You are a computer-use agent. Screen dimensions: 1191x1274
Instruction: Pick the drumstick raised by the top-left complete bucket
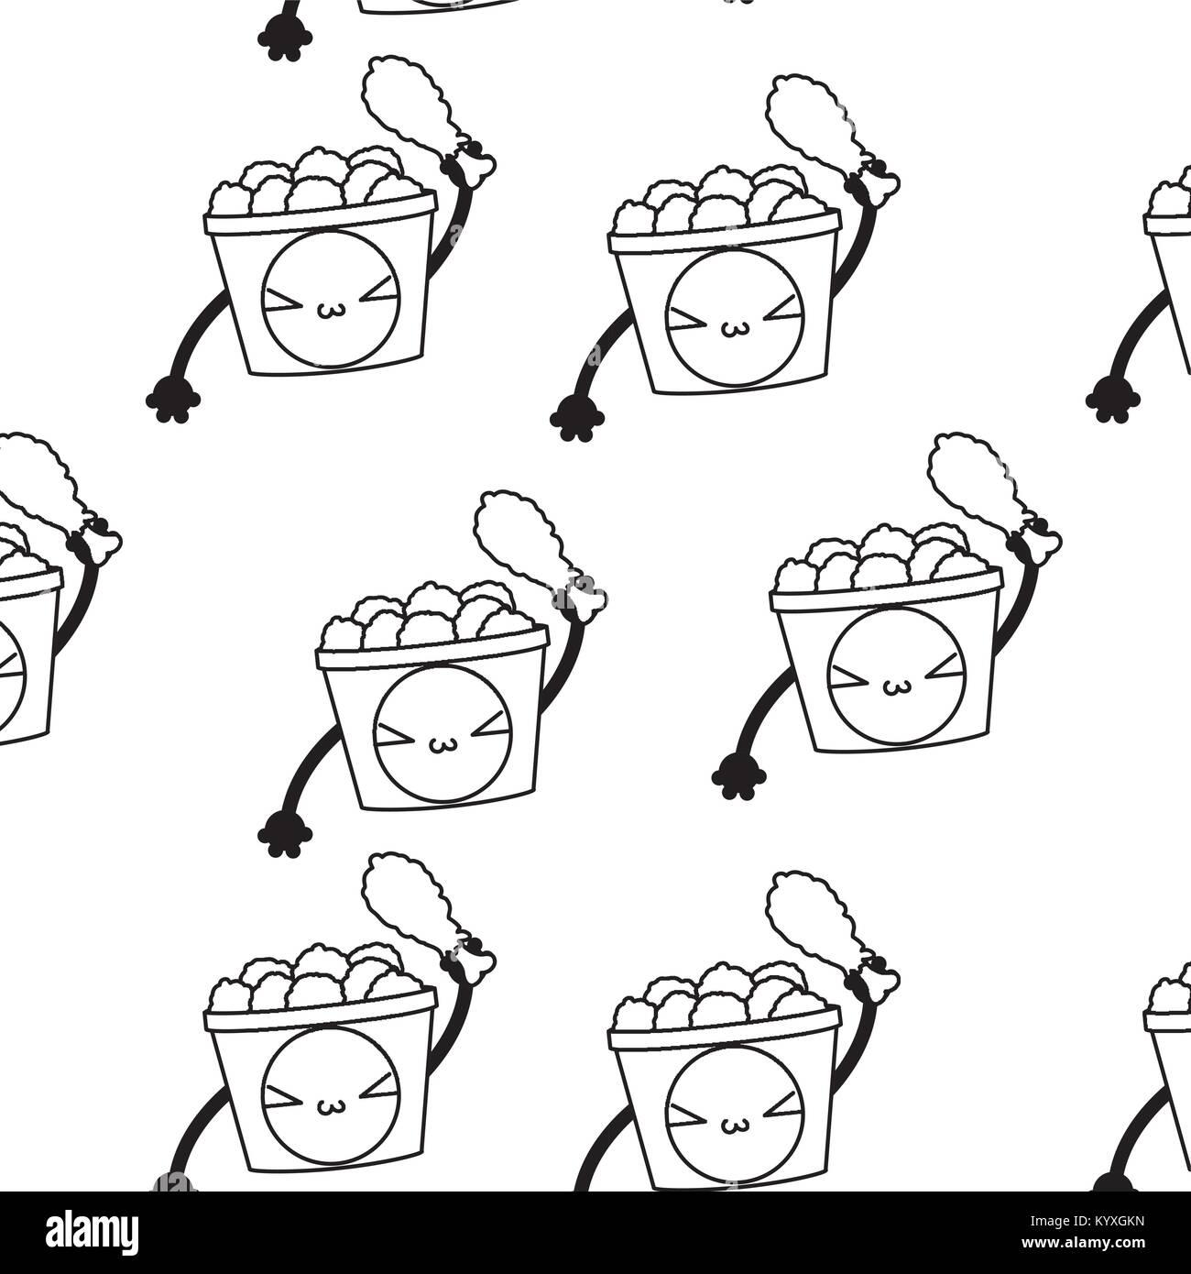point(429,123)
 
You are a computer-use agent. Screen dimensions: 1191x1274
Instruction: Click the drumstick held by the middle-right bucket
point(994,499)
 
